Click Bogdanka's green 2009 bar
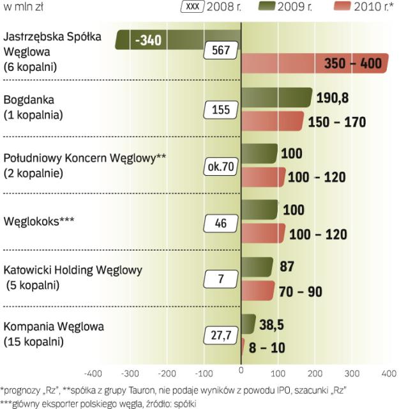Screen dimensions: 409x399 276,98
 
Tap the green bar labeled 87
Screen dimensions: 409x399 257,266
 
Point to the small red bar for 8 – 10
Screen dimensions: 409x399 243,348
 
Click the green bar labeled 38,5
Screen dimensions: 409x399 249,323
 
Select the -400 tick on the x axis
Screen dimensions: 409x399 93,372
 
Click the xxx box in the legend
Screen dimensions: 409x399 192,7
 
